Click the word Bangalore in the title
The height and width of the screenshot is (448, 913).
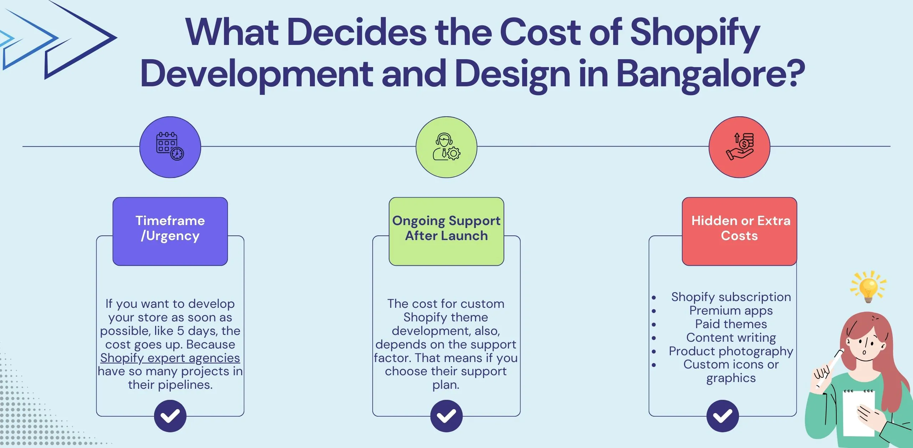click(x=710, y=74)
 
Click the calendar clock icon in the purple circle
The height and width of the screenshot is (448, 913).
click(x=170, y=146)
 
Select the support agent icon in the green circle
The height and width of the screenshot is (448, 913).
click(x=446, y=147)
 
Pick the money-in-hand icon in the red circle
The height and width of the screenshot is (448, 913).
click(x=739, y=147)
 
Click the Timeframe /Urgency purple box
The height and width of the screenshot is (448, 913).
click(x=170, y=231)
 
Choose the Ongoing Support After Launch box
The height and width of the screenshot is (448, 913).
click(x=446, y=231)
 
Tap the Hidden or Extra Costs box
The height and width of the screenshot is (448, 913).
click(x=739, y=231)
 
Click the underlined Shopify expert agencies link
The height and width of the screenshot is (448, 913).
click(x=170, y=358)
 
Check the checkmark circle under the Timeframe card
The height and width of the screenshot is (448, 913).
click(x=170, y=416)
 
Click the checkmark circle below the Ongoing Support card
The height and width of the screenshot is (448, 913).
click(x=446, y=416)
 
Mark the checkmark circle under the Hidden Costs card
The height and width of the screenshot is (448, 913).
click(x=723, y=416)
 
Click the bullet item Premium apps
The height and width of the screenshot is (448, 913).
click(x=731, y=310)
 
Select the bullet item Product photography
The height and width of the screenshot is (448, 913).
click(x=731, y=351)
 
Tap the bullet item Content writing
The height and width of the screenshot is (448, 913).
click(x=731, y=337)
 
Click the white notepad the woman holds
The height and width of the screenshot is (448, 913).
click(x=858, y=414)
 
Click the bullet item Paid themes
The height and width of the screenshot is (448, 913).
click(x=731, y=324)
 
